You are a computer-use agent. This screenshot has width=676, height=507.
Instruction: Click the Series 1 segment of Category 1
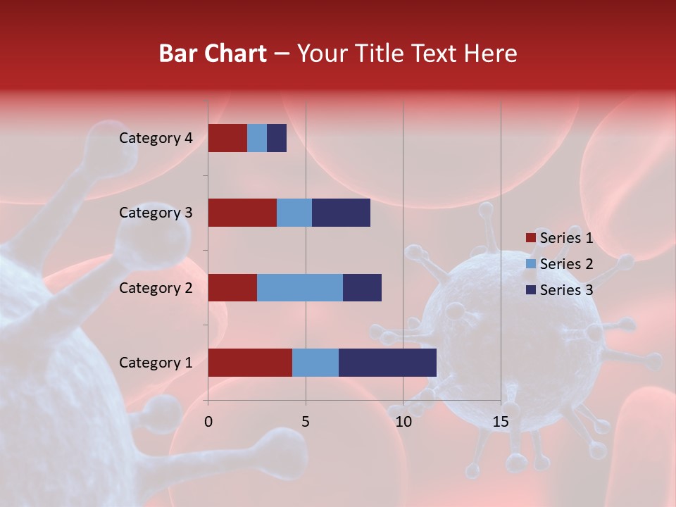point(250,363)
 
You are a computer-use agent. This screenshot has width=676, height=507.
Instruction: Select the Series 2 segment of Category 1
point(315,363)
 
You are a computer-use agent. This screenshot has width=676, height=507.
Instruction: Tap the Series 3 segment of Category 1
point(387,363)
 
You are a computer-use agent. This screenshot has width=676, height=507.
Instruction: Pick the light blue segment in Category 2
point(300,287)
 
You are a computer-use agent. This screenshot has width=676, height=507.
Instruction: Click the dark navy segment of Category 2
point(362,287)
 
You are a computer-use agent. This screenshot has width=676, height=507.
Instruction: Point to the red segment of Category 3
point(242,213)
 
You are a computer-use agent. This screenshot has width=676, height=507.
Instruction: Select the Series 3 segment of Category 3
point(341,213)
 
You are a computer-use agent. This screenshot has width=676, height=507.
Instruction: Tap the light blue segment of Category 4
point(257,138)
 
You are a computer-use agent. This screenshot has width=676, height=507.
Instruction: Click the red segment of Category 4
point(227,138)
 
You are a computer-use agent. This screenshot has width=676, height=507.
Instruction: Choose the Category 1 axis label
point(156,363)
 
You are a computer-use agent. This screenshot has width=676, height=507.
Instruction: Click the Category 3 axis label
point(156,213)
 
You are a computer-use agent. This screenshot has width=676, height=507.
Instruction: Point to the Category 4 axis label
point(156,138)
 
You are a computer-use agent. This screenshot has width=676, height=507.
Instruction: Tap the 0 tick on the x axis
point(208,422)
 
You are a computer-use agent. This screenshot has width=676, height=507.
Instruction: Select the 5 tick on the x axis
point(306,422)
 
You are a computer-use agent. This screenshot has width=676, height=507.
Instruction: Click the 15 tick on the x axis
point(501,422)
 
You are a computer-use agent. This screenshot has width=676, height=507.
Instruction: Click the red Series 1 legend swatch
point(530,238)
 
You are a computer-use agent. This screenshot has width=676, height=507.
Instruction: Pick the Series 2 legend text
point(566,264)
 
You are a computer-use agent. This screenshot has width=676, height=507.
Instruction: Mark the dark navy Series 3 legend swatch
point(530,290)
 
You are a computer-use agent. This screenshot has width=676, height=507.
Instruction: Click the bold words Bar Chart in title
point(213,54)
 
